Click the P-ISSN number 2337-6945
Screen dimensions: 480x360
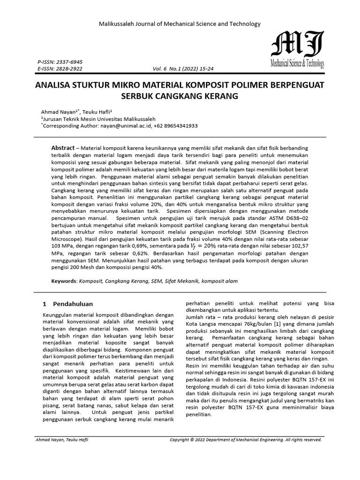click(69, 62)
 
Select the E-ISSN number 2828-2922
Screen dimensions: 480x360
click(69, 68)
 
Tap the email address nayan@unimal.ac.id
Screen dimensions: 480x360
click(123, 126)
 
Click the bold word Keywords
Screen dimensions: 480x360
click(64, 281)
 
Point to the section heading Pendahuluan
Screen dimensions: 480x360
click(73, 304)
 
